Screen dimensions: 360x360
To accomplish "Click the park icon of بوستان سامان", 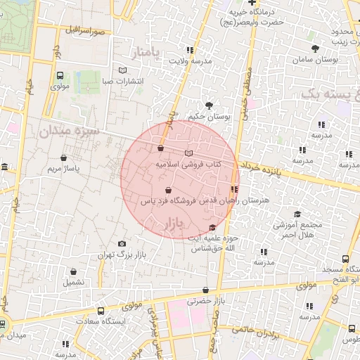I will tap(314, 49).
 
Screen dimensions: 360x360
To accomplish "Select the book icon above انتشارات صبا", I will tap(124, 70).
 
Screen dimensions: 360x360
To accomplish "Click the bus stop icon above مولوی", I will tap(59, 75).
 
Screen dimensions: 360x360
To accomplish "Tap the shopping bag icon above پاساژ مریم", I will tap(64, 157).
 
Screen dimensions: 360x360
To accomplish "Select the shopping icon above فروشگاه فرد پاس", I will tap(167, 190).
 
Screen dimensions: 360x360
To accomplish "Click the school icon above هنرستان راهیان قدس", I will tap(234, 189).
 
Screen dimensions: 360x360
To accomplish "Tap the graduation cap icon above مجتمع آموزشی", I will tap(297, 214).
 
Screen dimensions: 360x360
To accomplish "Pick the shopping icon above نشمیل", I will tap(73, 271).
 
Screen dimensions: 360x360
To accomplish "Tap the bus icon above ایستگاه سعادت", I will tap(101, 310).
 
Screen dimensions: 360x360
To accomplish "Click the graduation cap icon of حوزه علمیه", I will tap(213, 227).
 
